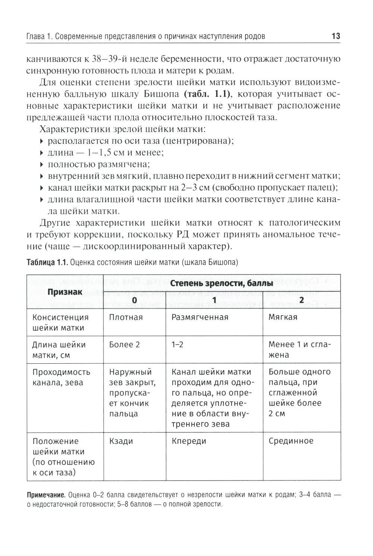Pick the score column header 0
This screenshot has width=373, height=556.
click(135, 300)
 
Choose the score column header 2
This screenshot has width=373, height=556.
click(301, 300)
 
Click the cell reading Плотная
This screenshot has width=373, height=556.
click(126, 317)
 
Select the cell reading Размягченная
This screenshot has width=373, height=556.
click(200, 317)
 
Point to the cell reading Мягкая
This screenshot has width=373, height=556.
click(283, 317)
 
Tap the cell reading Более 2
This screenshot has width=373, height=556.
click(124, 345)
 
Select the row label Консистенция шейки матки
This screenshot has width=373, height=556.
click(60, 322)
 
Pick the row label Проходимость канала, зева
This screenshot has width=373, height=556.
click(61, 377)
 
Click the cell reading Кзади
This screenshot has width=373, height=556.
click(121, 441)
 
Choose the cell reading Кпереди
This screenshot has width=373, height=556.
click(189, 441)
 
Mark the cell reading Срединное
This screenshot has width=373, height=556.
click(291, 441)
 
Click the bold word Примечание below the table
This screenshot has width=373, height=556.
click(46, 495)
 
